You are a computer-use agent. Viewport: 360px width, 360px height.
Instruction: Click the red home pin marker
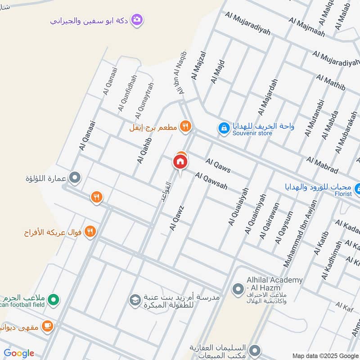pos(180,161)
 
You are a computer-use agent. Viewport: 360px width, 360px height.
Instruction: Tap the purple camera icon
pos(137,20)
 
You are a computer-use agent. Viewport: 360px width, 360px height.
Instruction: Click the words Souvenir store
pos(250,134)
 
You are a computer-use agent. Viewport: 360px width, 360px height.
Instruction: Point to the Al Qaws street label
pos(218,165)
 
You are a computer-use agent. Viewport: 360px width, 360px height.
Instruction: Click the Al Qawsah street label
pos(211,180)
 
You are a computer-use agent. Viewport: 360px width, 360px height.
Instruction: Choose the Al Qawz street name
pos(177,218)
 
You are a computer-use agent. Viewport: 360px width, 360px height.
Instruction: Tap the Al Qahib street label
pos(144,150)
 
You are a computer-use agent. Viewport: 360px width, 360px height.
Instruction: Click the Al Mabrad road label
pos(322,165)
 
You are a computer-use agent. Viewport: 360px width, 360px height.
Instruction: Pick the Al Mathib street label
pos(331,82)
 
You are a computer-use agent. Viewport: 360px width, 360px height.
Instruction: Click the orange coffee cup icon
pos(47,325)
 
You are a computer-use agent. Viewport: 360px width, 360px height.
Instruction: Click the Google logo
pos(19,353)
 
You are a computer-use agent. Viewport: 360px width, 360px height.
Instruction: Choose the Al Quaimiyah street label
pos(255,213)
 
